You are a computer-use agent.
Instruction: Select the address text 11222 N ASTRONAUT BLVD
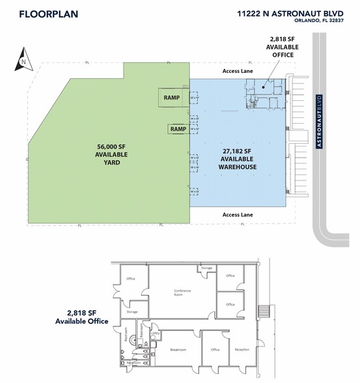click(x=290, y=12)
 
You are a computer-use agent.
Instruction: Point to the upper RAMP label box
click(x=172, y=98)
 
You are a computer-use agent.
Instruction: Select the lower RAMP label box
click(x=178, y=129)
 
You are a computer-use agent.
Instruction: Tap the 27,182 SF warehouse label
click(x=238, y=158)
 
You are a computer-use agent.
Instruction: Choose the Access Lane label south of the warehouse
click(x=238, y=213)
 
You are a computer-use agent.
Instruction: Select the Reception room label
click(x=242, y=350)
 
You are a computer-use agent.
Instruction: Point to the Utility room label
click(x=156, y=332)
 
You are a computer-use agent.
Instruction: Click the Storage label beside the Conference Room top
click(x=206, y=268)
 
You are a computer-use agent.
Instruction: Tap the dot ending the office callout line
click(x=264, y=85)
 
